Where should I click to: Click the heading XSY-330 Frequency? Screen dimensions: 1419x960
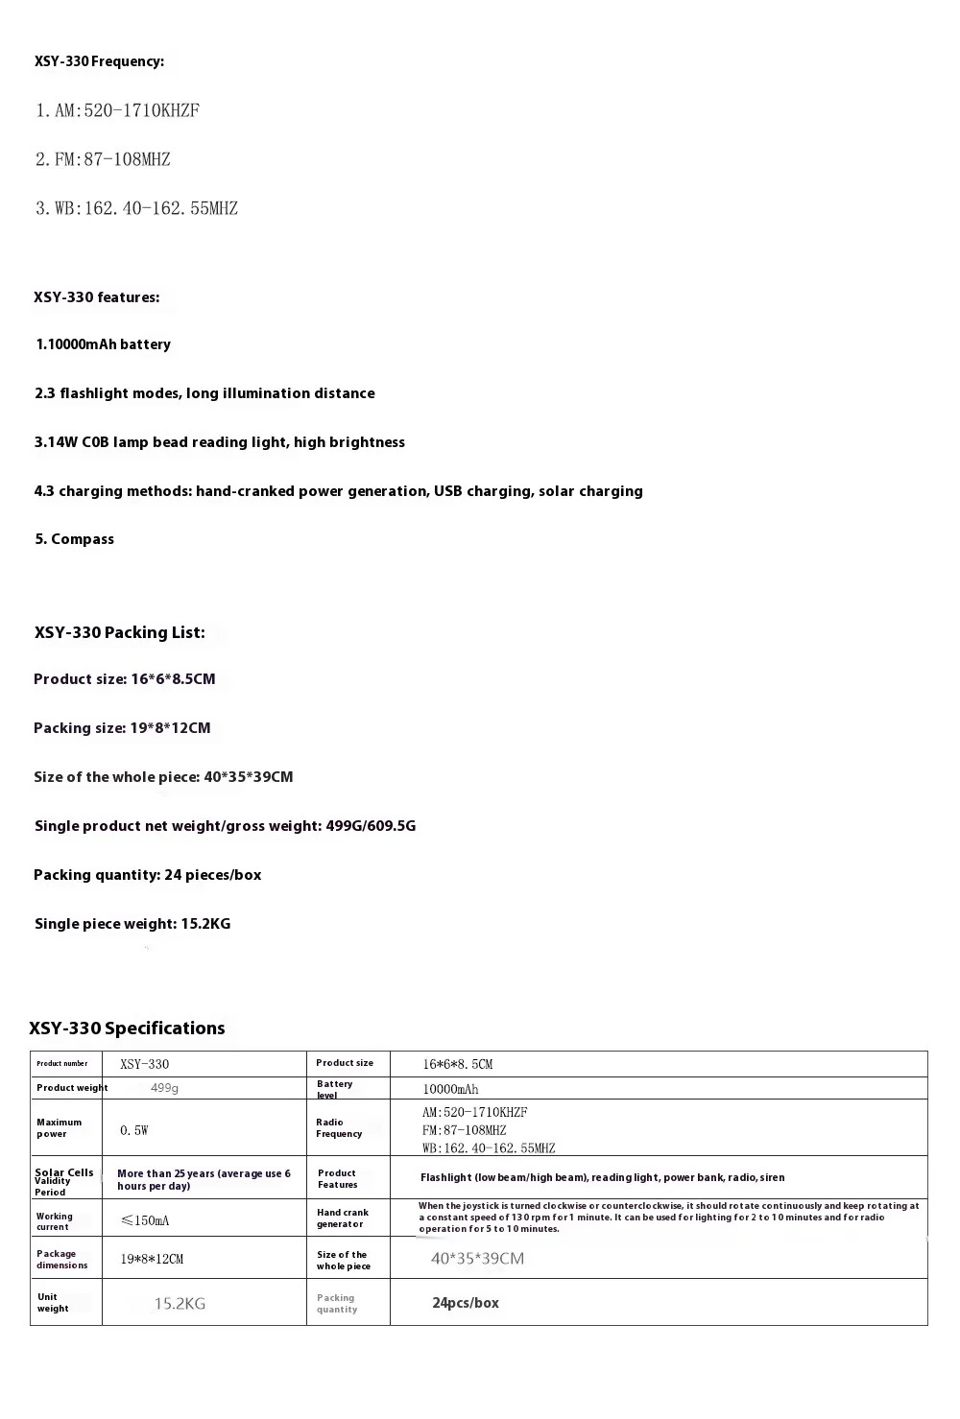coord(99,61)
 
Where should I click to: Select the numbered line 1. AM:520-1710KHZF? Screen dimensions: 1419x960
coord(117,110)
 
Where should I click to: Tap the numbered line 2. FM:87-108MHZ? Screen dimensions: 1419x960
coord(103,159)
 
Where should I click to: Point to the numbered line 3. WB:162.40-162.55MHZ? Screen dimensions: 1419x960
coord(136,208)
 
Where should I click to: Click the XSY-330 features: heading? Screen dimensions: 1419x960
coord(97,297)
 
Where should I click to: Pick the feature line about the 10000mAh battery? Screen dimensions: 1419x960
coord(104,344)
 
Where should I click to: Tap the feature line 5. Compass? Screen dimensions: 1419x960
coord(75,539)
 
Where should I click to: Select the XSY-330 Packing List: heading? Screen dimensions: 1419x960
coord(119,632)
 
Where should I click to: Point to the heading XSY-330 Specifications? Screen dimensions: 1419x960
coord(127,1029)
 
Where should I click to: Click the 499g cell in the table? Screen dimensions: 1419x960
coord(165,1088)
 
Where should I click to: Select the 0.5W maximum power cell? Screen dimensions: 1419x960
coord(134,1130)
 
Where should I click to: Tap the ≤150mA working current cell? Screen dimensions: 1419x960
coord(145,1220)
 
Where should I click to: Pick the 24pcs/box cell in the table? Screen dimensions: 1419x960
coord(466,1303)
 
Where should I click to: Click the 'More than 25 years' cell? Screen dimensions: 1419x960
coord(204,1179)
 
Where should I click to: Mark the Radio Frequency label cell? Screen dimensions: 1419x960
coord(339,1127)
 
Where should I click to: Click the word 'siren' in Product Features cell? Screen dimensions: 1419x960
coord(772,1177)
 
